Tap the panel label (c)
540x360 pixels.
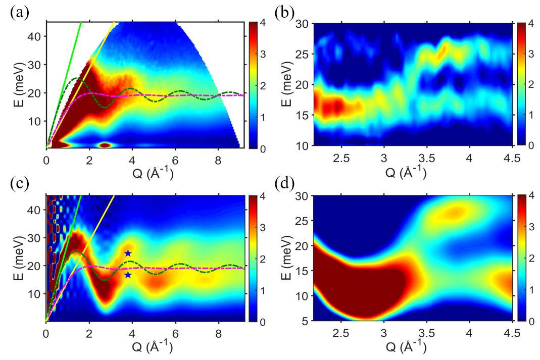pos(19,185)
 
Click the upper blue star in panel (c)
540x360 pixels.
pos(128,253)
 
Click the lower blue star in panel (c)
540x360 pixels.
pos(128,275)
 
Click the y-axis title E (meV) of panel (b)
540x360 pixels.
pos(286,83)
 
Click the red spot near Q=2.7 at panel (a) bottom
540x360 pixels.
pos(105,145)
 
